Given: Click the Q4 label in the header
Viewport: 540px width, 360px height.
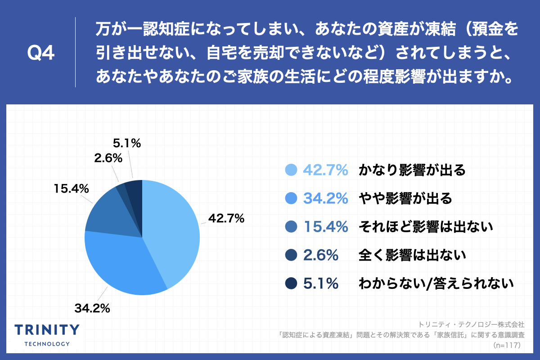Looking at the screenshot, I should tap(41, 53).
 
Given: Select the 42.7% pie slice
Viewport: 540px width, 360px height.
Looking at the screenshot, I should tap(173, 229).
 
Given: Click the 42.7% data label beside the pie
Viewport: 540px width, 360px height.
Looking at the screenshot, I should tap(226, 219).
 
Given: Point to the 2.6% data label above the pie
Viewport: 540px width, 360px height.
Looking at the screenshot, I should tap(108, 158).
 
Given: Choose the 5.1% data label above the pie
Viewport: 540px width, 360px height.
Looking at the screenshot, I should tap(127, 144).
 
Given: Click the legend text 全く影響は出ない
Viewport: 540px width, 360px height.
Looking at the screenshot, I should tap(411, 255).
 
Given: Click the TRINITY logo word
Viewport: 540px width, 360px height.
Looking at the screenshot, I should tap(47, 330).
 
